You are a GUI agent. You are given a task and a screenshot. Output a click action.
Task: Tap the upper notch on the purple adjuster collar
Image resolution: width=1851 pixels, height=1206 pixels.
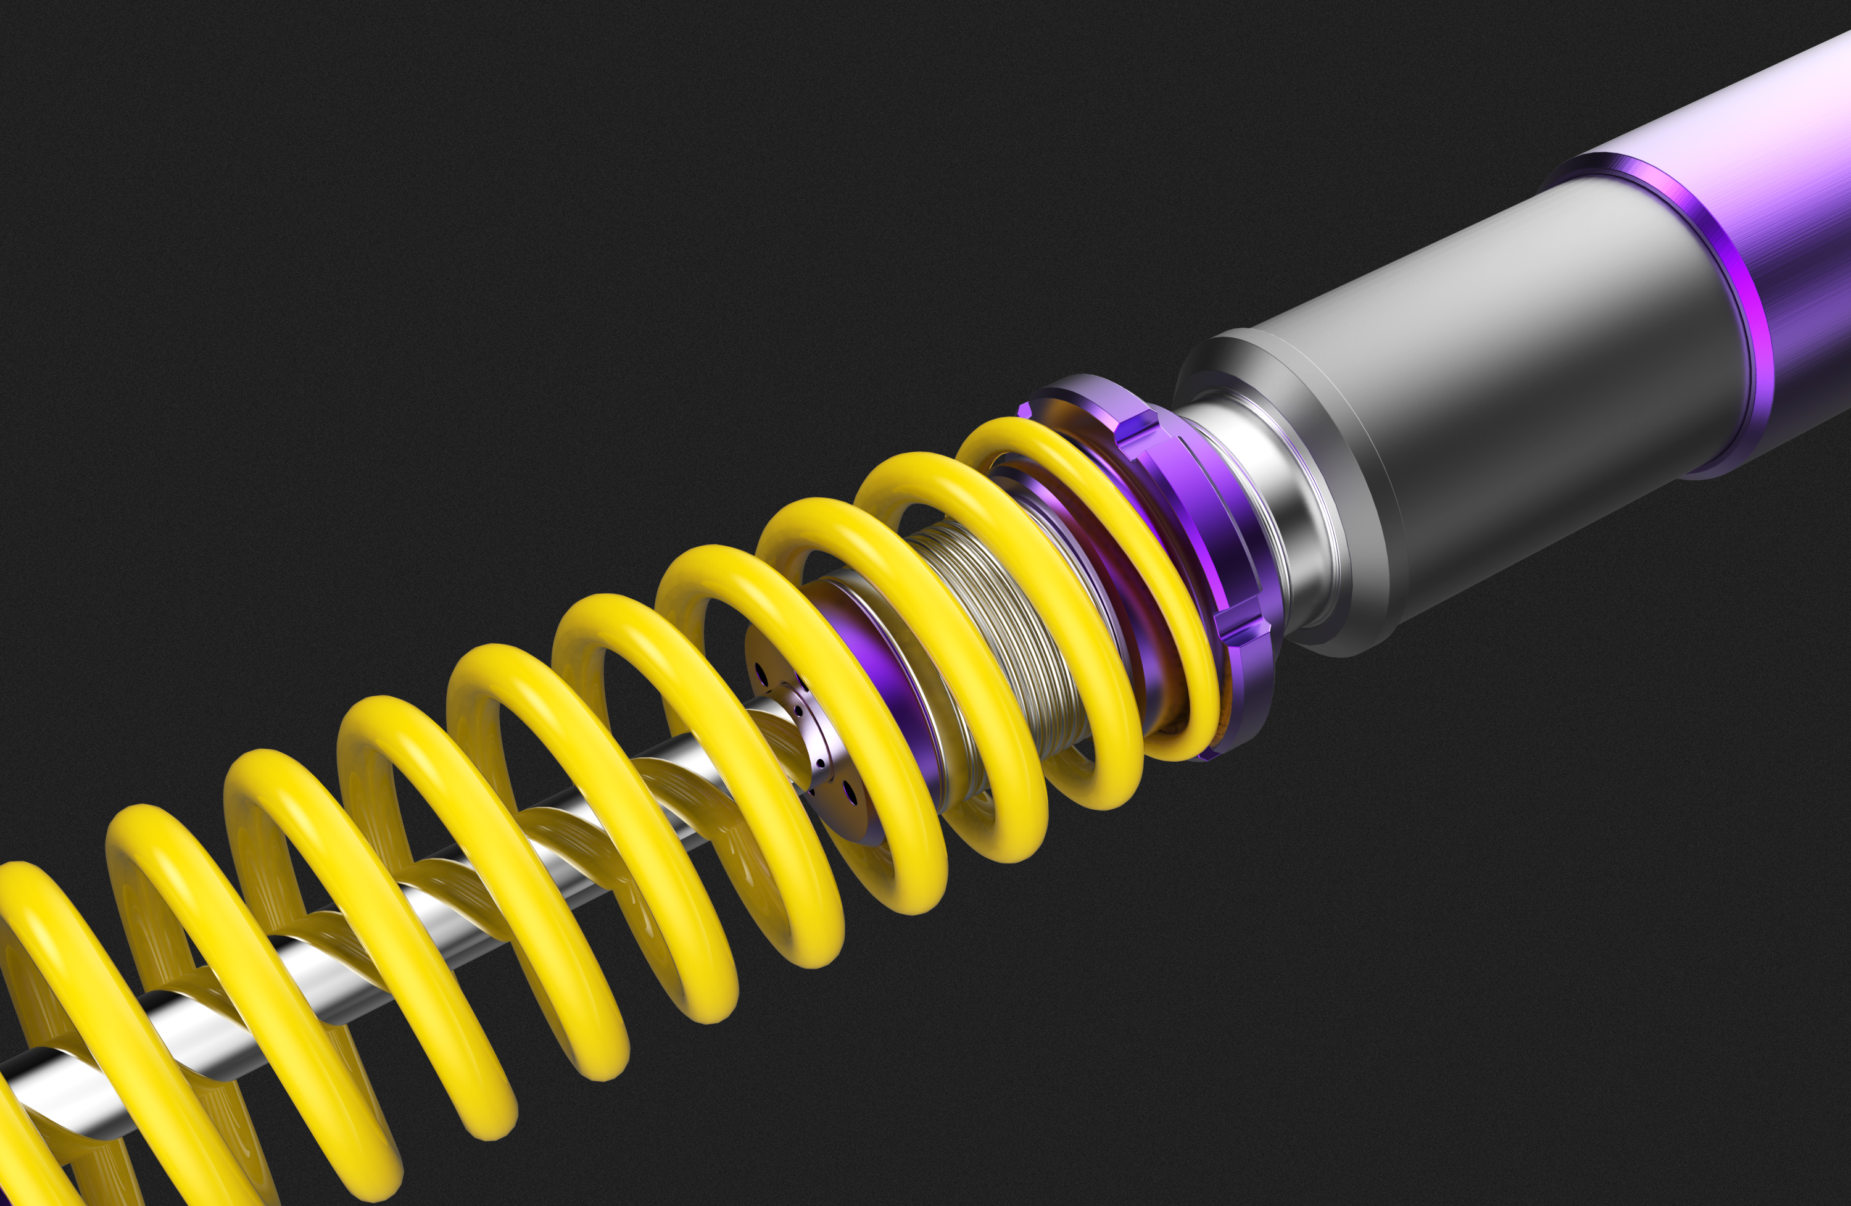[1138, 430]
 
